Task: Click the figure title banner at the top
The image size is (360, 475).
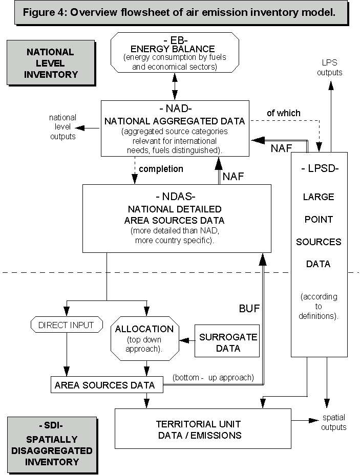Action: click(x=179, y=13)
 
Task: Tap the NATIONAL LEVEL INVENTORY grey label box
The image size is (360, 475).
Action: click(x=50, y=63)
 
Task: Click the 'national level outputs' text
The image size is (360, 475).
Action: click(x=63, y=127)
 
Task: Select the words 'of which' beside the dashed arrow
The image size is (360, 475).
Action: click(x=284, y=113)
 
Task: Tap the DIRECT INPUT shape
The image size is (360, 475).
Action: click(x=67, y=325)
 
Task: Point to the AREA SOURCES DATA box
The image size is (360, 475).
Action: click(x=107, y=385)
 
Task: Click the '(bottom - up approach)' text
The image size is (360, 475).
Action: click(x=213, y=378)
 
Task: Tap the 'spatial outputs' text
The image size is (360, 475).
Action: click(x=334, y=422)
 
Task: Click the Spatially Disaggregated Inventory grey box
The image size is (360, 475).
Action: click(x=52, y=444)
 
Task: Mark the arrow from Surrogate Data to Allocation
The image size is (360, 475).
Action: click(x=187, y=339)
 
